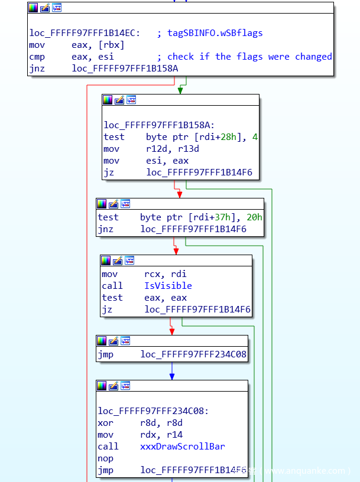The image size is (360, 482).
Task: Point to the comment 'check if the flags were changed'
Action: pyautogui.click(x=249, y=57)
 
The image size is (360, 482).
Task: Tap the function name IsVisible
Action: pyautogui.click(x=168, y=286)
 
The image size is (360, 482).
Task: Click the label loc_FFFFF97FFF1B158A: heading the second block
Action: pyautogui.click(x=158, y=125)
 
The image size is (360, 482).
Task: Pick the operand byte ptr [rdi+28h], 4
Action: pyautogui.click(x=202, y=137)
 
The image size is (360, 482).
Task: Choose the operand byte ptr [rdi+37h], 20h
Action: pyautogui.click(x=201, y=217)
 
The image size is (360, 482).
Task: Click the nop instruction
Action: pyautogui.click(x=105, y=458)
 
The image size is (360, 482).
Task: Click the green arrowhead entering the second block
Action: pyautogui.click(x=180, y=90)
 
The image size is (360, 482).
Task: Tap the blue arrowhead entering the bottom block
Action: pyautogui.click(x=172, y=376)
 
